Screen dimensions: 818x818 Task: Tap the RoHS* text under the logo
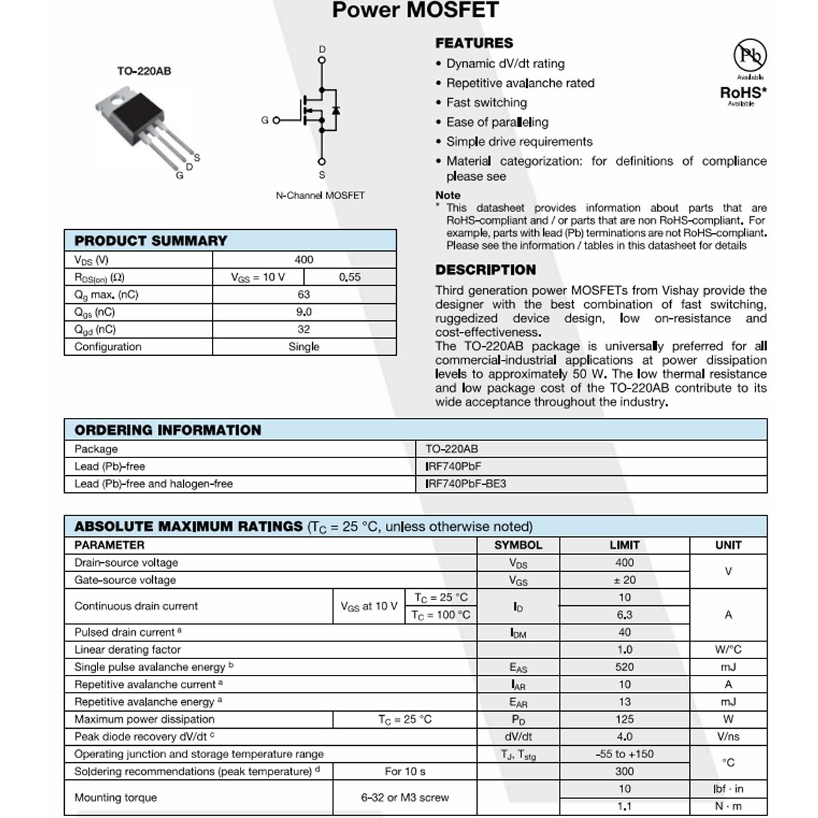point(743,92)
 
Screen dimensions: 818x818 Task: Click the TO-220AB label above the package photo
point(144,71)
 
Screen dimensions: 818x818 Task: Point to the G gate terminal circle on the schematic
point(276,121)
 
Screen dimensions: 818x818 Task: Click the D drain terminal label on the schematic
point(322,49)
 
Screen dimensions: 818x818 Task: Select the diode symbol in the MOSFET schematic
point(335,110)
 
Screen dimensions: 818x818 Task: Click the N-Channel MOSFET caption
point(320,195)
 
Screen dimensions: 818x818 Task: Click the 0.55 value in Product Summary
point(350,277)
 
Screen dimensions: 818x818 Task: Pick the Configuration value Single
point(303,346)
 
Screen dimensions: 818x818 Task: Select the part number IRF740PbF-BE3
point(466,484)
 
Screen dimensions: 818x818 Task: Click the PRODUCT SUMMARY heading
point(151,241)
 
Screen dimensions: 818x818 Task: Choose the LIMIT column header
point(624,545)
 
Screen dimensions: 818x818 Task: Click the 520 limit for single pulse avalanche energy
point(624,667)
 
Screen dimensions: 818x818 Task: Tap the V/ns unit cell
point(728,736)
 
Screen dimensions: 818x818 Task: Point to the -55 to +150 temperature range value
point(624,754)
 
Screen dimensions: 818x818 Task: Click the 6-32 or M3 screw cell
point(405,797)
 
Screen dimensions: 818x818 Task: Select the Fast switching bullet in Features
point(486,102)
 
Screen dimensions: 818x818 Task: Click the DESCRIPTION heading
point(485,269)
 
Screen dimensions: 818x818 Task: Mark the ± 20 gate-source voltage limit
point(624,580)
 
